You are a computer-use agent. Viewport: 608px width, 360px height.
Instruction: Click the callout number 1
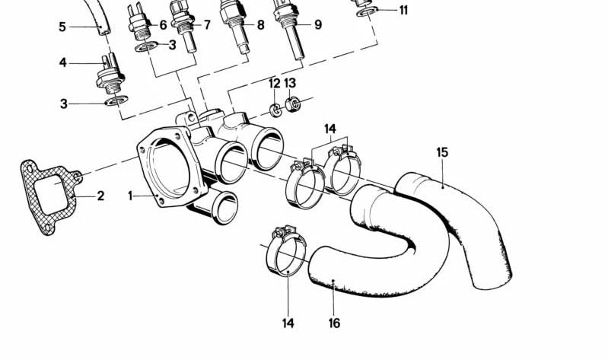130,196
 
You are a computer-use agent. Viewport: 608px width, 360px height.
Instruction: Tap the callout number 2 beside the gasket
100,196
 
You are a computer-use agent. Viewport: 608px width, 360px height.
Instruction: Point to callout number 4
63,62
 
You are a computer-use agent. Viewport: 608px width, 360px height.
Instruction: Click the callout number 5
62,27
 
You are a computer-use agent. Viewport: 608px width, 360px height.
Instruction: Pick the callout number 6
163,25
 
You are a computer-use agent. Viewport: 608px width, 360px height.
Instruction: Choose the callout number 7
207,25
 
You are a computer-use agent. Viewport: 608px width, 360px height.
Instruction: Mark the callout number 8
260,25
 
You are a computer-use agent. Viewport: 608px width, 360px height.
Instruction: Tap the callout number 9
317,25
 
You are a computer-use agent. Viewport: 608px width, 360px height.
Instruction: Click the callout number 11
403,11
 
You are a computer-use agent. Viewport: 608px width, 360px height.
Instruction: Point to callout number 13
290,83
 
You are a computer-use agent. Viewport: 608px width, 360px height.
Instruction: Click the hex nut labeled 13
290,103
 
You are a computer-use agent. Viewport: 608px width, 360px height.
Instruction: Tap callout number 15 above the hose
442,152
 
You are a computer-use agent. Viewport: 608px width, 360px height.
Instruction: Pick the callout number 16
334,323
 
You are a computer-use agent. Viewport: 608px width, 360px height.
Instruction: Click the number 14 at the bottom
288,323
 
